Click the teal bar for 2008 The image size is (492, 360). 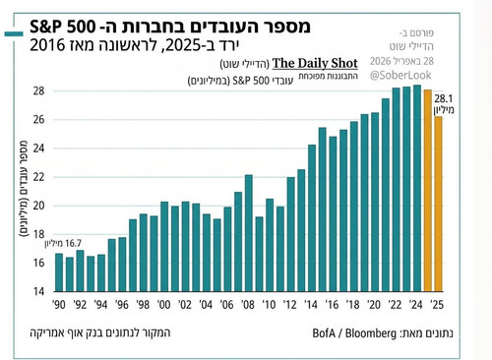pyautogui.click(x=249, y=233)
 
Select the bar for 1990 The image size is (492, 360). pyautogui.click(x=59, y=272)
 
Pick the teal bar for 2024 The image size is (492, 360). pyautogui.click(x=417, y=188)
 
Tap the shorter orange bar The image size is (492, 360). pyautogui.click(x=438, y=204)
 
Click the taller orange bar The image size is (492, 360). pyautogui.click(x=428, y=191)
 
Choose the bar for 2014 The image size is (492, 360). pyautogui.click(x=312, y=218)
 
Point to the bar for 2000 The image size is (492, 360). pyautogui.click(x=164, y=247)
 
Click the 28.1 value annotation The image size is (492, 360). pyautogui.click(x=444, y=98)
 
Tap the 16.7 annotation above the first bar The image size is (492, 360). pyautogui.click(x=73, y=243)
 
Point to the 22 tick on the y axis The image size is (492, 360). pyautogui.click(x=38, y=177)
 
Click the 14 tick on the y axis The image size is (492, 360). pyautogui.click(x=38, y=291)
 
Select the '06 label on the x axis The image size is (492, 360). pyautogui.click(x=226, y=305)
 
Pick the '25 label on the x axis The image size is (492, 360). pyautogui.click(x=437, y=305)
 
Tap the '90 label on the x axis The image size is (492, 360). pyautogui.click(x=59, y=305)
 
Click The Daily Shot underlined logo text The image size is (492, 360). pyautogui.click(x=315, y=63)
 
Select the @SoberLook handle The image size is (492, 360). pyautogui.click(x=400, y=76)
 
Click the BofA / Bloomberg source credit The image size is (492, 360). pyautogui.click(x=354, y=333)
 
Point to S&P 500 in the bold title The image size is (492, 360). pyautogui.click(x=62, y=27)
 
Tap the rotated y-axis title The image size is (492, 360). pyautogui.click(x=24, y=189)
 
